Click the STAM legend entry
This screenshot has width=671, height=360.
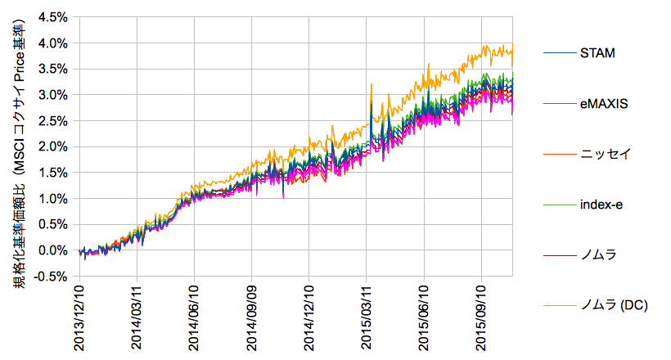click(597, 53)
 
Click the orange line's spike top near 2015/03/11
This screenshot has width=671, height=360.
click(372, 83)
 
